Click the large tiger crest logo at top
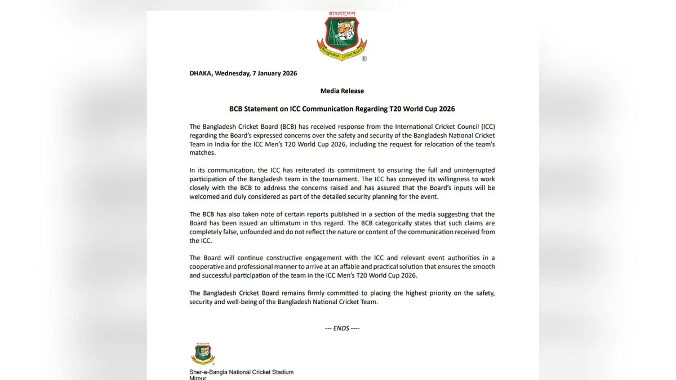(342, 35)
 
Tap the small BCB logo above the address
(203, 354)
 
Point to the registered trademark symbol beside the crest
(364, 59)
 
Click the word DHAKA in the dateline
(201, 73)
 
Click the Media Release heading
(342, 91)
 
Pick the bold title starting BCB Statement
(342, 109)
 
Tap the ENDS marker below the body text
(342, 328)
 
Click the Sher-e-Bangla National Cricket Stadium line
(241, 372)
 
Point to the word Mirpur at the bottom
(198, 378)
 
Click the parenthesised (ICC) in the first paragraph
(485, 127)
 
